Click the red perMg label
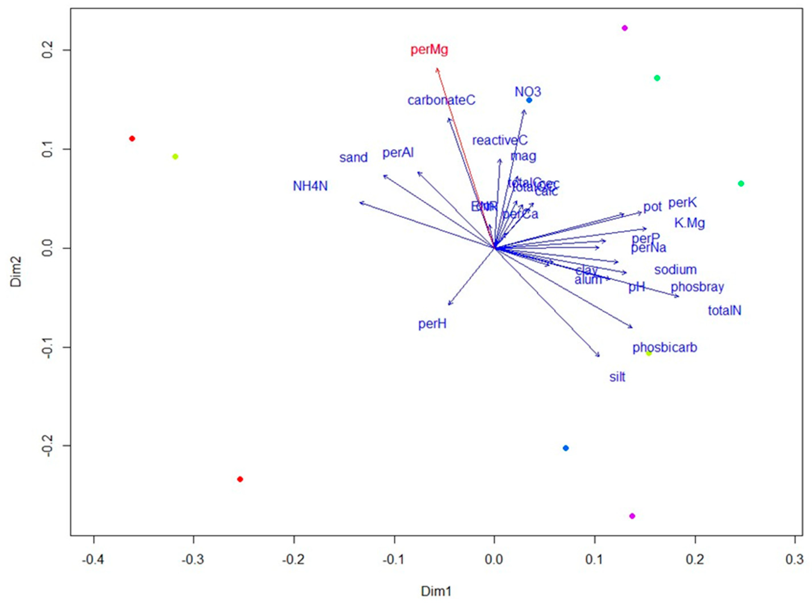coord(429,50)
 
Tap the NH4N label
coord(310,186)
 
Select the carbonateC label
coord(441,100)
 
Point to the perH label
coord(432,324)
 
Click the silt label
coord(617,377)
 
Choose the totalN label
coord(724,311)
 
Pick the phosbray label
coord(697,287)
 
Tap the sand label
coord(354,158)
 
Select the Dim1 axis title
coord(436,591)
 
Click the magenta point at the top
coord(624,28)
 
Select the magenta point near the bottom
coord(632,516)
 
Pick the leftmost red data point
coord(132,139)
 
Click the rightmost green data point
coord(741,184)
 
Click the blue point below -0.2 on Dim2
coord(566,448)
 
